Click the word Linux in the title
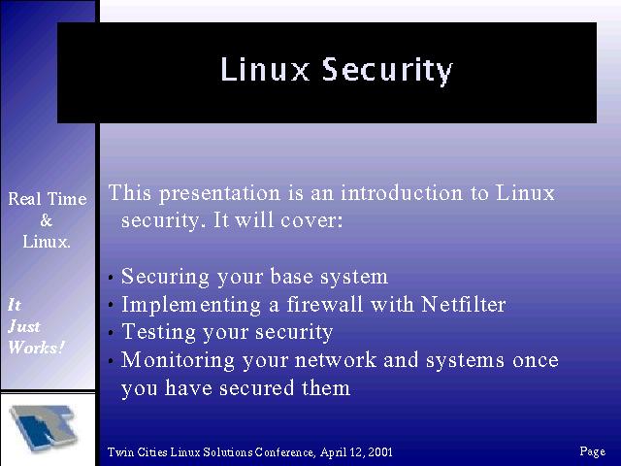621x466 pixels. [x=265, y=69]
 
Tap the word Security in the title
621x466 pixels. [x=387, y=71]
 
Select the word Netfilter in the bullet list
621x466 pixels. [x=464, y=304]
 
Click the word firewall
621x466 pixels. [x=324, y=304]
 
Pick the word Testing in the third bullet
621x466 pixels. [x=158, y=333]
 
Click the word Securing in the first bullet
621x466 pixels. [x=165, y=277]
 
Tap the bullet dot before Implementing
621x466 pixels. [x=112, y=305]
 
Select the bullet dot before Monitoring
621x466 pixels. [x=112, y=361]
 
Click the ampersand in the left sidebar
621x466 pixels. [x=47, y=220]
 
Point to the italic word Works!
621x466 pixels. [x=36, y=348]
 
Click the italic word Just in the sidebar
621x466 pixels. [x=24, y=326]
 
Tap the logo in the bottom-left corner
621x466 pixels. [x=44, y=427]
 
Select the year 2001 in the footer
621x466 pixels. [x=380, y=452]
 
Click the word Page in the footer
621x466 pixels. [x=593, y=451]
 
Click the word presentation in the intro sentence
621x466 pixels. [x=220, y=194]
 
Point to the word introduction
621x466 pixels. [x=402, y=193]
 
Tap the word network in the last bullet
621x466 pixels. [x=336, y=360]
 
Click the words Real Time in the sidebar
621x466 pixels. [x=48, y=198]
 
